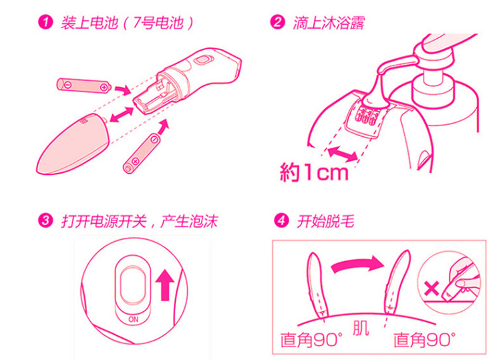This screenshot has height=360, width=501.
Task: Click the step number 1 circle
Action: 45,22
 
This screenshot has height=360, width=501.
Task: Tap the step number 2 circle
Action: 277,22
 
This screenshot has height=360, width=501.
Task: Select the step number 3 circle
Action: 45,220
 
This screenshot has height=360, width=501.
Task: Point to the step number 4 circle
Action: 281,220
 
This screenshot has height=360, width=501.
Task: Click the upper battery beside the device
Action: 83,85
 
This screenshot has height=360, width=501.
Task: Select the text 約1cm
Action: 314,173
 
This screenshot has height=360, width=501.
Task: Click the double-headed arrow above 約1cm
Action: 342,153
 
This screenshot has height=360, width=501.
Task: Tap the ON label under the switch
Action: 133,319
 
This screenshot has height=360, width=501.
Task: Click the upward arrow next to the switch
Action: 165,285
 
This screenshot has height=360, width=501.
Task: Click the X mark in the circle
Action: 432,289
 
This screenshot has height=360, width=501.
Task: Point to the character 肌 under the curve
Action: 361,328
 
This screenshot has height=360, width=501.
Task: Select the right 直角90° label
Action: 424,340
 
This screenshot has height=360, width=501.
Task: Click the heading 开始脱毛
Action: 325,221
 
